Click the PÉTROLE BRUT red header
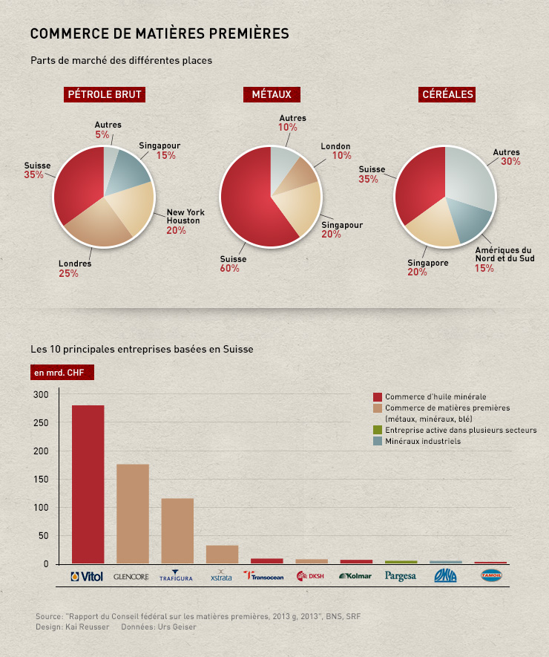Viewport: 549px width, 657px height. point(105,94)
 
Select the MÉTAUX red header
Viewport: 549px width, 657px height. point(272,94)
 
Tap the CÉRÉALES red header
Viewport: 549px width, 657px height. point(447,94)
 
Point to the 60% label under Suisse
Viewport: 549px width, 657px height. point(229,269)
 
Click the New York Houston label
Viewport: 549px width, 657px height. point(185,216)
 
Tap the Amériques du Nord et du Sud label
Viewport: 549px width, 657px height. point(504,255)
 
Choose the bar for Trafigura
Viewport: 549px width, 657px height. point(177,531)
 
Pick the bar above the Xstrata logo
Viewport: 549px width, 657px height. point(222,555)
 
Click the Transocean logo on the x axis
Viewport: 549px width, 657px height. point(263,576)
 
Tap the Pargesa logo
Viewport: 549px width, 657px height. point(401,576)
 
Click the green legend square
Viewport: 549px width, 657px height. point(378,430)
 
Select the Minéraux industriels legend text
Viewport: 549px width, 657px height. point(423,441)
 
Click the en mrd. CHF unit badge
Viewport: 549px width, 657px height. point(62,373)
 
